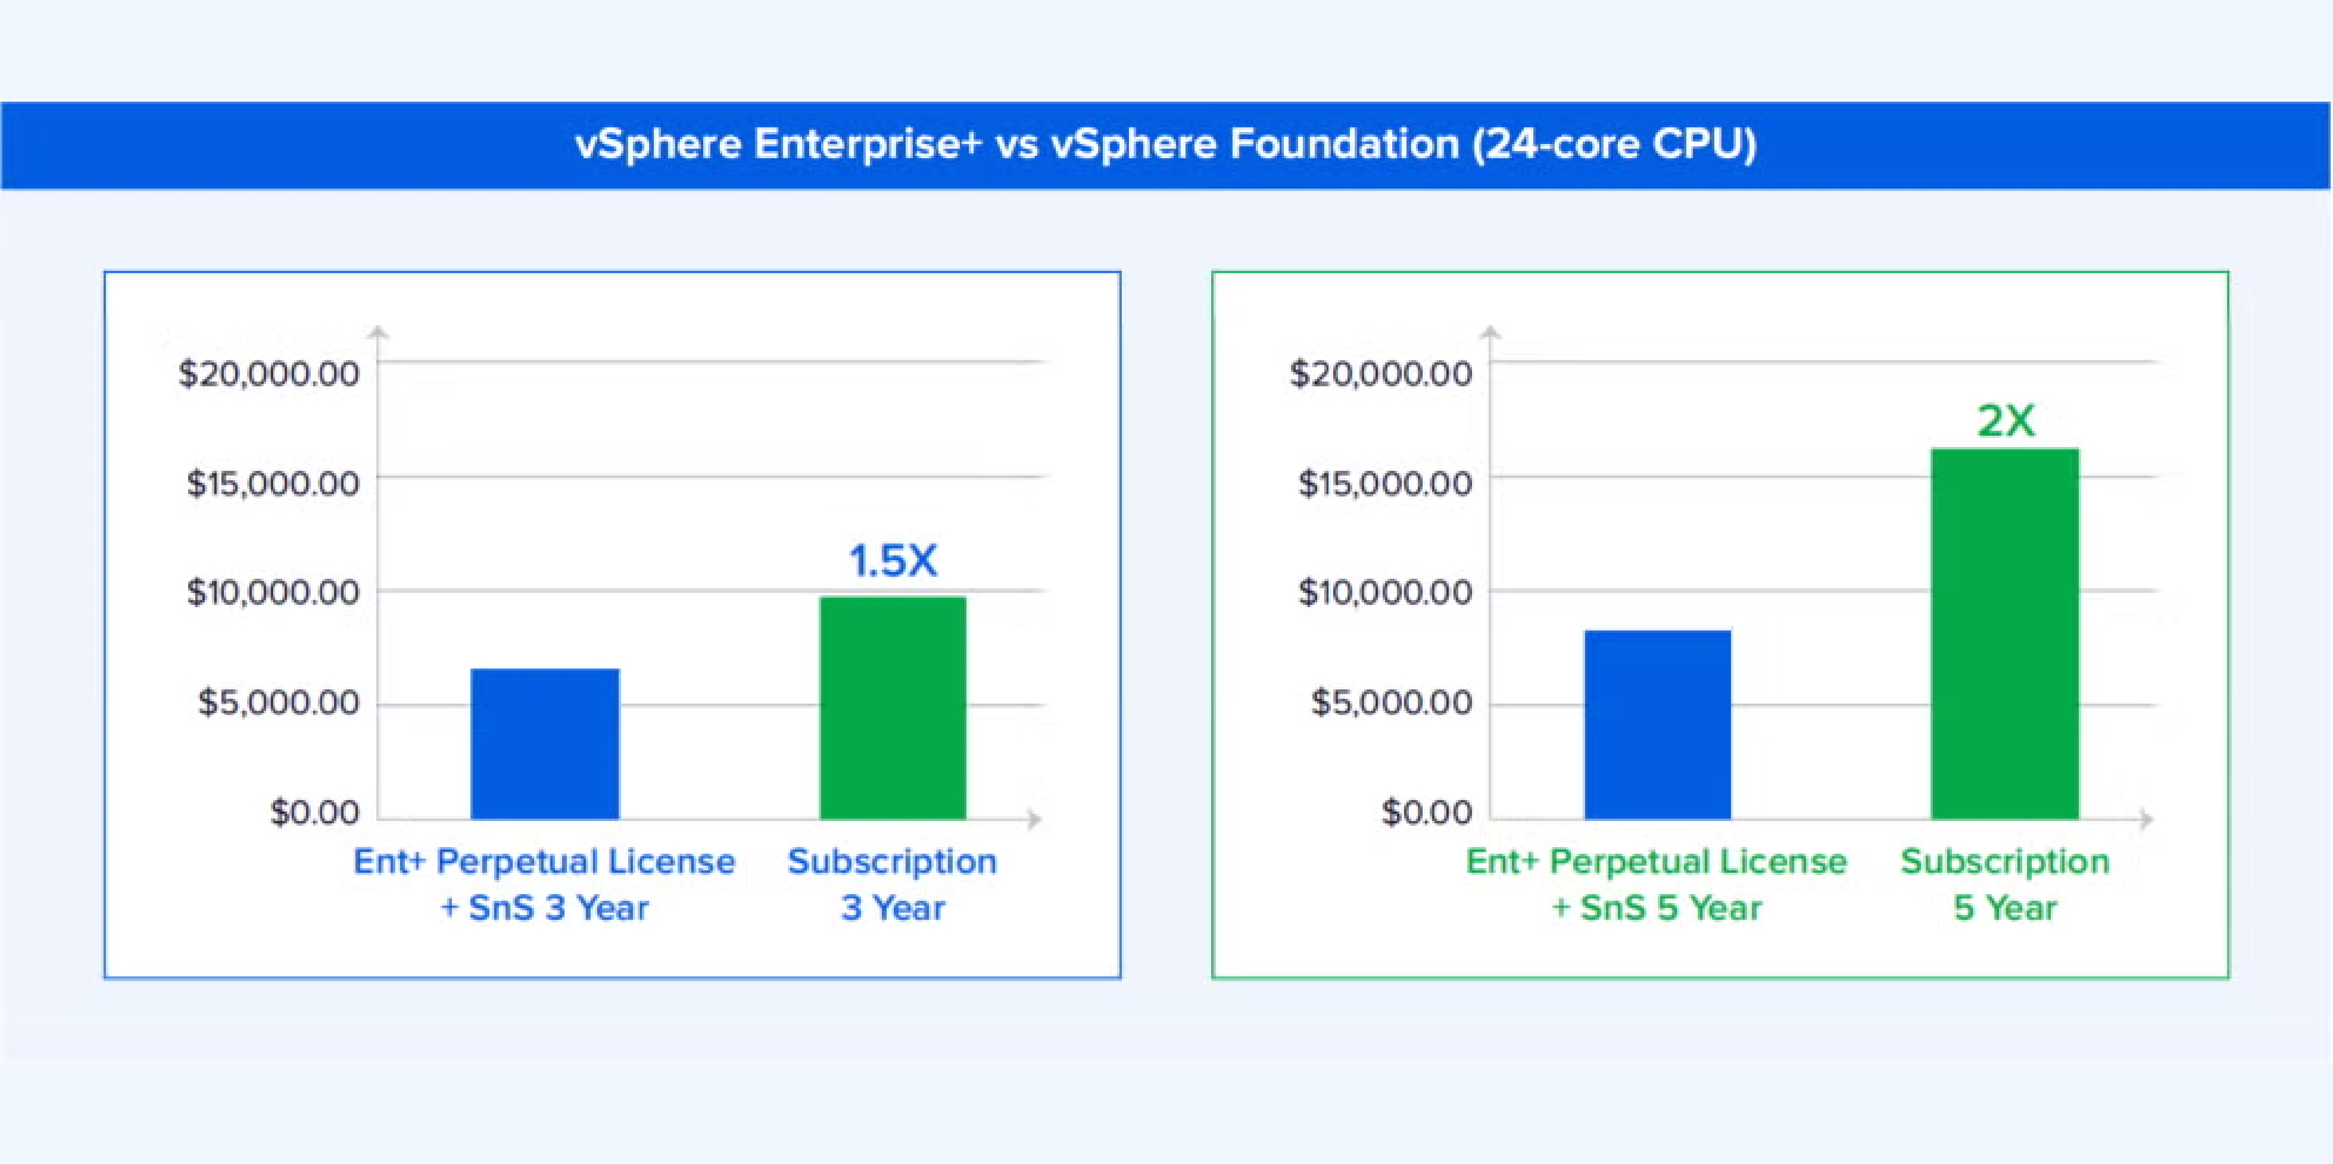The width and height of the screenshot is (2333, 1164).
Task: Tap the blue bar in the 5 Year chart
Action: [1657, 725]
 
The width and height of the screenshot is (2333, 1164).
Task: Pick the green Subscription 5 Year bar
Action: [2005, 634]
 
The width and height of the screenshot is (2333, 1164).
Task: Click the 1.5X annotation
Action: [893, 561]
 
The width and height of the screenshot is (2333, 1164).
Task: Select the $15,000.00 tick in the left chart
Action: [273, 483]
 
